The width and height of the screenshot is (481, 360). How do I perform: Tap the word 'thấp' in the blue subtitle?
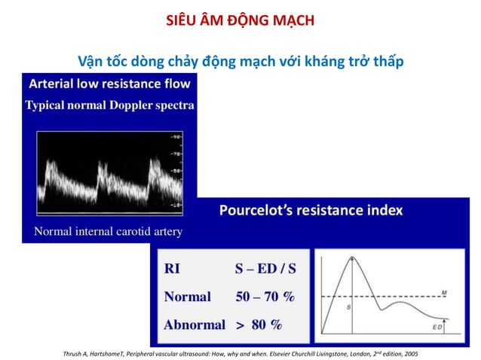coord(387,60)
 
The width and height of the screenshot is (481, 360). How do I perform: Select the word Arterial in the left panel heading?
coord(54,83)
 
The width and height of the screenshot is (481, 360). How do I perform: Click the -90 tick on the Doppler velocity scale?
coord(176,136)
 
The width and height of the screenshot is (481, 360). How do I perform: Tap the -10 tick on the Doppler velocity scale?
coord(176,205)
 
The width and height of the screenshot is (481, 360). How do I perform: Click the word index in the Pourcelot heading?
coord(383,210)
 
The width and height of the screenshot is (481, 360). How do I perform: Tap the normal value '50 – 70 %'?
coord(265,297)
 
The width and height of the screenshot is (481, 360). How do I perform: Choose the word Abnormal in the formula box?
coord(195,325)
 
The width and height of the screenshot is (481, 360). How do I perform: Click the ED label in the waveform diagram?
coord(438,328)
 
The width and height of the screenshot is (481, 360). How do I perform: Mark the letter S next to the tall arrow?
coord(348,307)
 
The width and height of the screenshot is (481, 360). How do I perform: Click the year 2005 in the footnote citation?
coord(410,353)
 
